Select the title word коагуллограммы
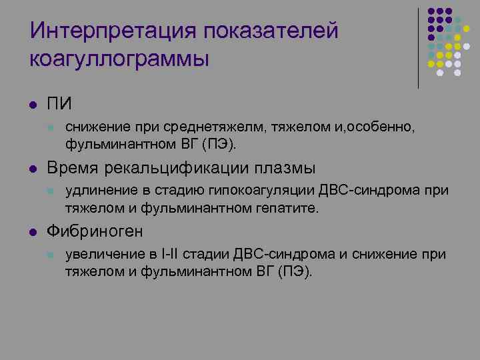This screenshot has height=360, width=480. pos(119,58)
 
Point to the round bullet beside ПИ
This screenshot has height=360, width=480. pos(32,105)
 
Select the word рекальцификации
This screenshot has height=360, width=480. pos(175,167)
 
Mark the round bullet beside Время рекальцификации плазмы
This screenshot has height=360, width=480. pos(32,168)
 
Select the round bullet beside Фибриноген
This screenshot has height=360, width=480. pos(32,232)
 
